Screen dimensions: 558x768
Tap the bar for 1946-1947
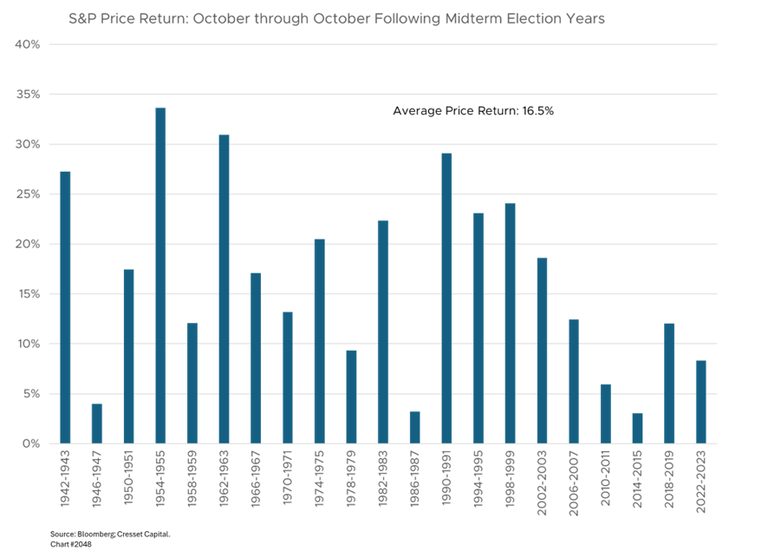coord(97,423)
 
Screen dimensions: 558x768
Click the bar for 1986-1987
coord(414,427)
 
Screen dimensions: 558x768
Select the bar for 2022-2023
coord(700,402)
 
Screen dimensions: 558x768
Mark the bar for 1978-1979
coord(351,397)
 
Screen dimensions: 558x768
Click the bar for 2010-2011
coord(605,413)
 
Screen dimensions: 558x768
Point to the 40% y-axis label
coord(28,43)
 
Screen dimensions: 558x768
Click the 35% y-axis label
coord(28,94)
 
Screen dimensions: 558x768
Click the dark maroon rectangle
coord(192,169)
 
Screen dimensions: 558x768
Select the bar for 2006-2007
coord(574,381)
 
